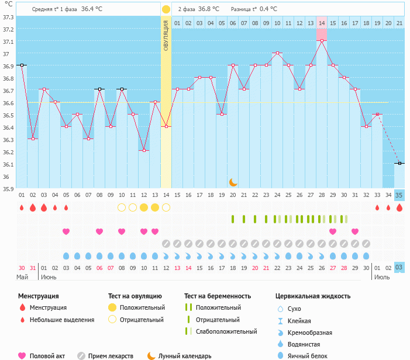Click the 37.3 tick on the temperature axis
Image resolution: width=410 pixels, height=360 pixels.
[8, 17]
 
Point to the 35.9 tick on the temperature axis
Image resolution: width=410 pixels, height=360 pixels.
[8, 189]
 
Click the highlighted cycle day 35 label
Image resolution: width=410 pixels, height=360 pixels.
[399, 195]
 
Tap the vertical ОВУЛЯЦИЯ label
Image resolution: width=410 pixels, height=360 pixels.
[166, 34]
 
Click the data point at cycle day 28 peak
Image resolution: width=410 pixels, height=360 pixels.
[322, 41]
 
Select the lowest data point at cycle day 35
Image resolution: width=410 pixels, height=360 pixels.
[399, 163]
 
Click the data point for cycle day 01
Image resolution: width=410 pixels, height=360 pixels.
[22, 65]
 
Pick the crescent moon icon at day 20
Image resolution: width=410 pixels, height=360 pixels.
[233, 182]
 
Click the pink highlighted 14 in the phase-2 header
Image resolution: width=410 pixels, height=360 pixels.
[322, 23]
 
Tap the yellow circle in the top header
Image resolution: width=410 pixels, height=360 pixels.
[166, 9]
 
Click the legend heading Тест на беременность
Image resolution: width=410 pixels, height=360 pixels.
[218, 296]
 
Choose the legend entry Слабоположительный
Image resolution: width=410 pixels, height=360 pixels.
[226, 332]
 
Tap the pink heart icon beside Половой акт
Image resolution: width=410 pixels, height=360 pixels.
[22, 355]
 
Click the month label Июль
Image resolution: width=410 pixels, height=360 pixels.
[382, 277]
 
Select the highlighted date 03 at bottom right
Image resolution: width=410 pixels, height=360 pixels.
[399, 268]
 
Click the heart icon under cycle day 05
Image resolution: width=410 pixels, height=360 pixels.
[66, 231]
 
